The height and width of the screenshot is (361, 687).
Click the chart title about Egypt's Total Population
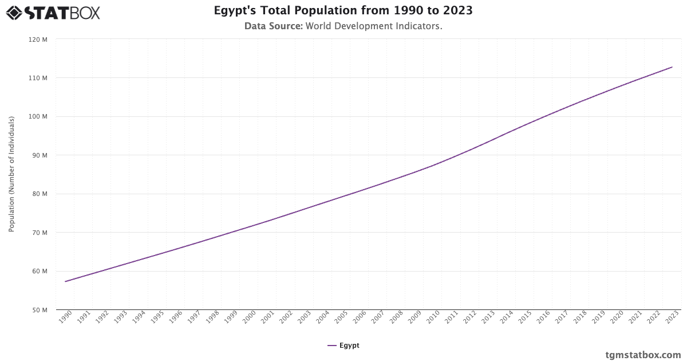tap(343, 10)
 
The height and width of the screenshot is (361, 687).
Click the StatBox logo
tap(53, 12)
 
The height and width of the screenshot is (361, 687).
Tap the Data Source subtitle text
tap(343, 26)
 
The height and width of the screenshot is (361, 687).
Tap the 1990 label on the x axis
tap(65, 318)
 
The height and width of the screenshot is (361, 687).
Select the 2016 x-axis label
tap(543, 318)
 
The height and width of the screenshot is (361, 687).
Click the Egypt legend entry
tap(343, 346)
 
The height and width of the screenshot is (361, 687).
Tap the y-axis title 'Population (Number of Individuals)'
tap(11, 174)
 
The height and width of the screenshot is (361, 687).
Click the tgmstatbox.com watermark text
tap(643, 355)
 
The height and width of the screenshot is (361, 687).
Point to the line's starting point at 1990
tap(66, 281)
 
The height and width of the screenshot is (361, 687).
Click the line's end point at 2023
tap(672, 67)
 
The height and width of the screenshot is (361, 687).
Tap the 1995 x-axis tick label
tap(157, 318)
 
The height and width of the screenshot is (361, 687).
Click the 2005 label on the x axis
tap(341, 318)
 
